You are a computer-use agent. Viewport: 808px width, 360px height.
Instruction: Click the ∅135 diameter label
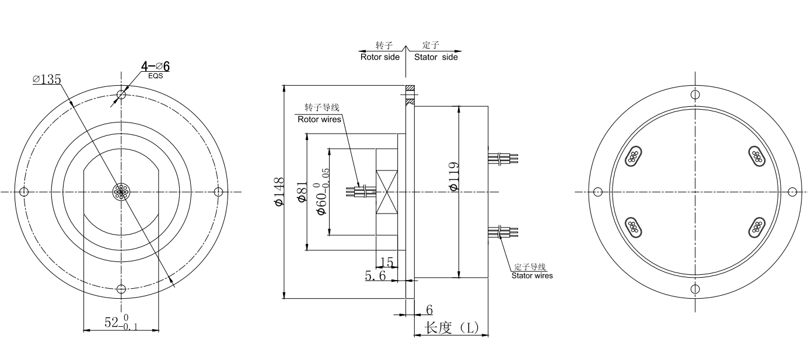pos(47,79)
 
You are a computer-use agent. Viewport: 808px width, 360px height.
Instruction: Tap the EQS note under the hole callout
pos(155,76)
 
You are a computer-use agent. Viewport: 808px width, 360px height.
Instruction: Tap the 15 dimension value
pos(386,262)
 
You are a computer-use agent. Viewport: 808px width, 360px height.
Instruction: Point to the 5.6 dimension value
pos(376,276)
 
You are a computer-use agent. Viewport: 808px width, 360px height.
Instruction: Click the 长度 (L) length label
pos(452,328)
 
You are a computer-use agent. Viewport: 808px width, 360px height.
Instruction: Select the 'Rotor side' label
pos(380,57)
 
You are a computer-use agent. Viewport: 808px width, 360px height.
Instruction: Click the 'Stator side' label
pos(436,57)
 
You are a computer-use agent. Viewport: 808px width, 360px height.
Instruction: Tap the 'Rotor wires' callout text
pos(319,120)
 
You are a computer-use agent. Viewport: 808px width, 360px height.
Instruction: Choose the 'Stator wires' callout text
pos(532,275)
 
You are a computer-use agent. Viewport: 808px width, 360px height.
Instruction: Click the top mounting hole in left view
pos(121,95)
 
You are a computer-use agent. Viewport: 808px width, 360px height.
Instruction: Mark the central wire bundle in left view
pos(121,192)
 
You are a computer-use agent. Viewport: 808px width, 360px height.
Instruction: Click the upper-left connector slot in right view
pos(634,156)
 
